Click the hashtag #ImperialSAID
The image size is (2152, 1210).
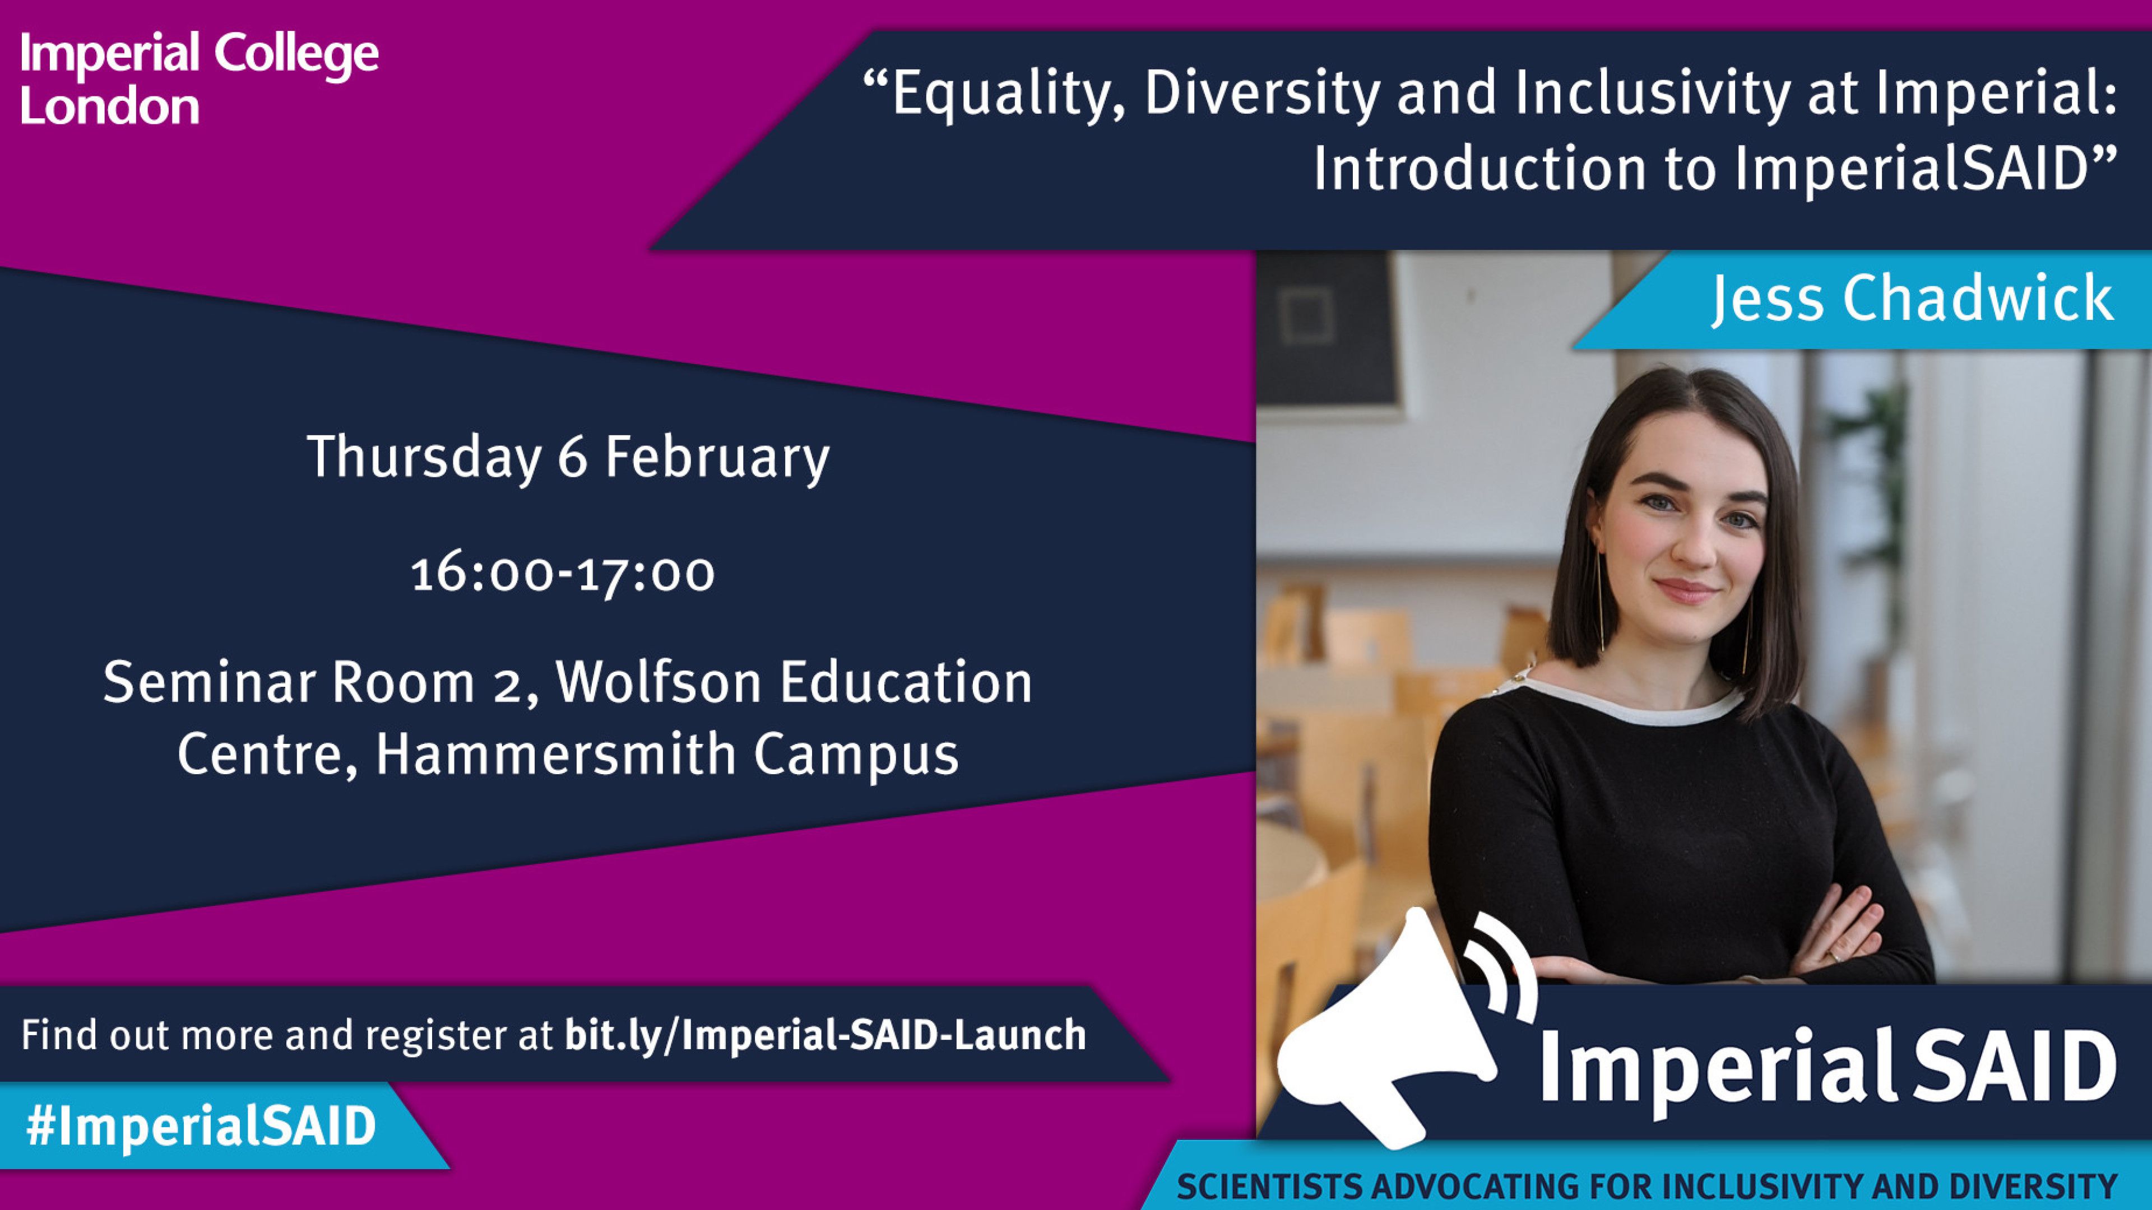click(x=201, y=1125)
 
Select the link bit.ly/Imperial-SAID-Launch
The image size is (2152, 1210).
click(x=825, y=1035)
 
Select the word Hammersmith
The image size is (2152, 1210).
click(x=555, y=754)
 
